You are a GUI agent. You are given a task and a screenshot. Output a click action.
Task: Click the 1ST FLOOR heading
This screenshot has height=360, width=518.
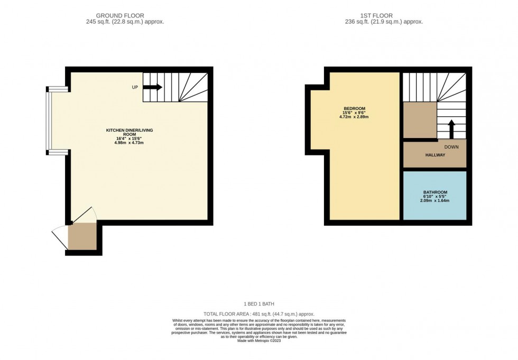[x=384, y=16]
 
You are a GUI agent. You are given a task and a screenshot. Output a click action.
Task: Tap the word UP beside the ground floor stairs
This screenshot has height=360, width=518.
[x=135, y=87]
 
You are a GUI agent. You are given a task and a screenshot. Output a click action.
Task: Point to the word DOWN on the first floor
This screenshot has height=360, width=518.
[x=451, y=147]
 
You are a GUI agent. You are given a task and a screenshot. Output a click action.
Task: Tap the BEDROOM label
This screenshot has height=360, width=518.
[x=354, y=108]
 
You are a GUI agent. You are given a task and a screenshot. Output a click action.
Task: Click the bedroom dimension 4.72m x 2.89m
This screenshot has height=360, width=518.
[x=354, y=117]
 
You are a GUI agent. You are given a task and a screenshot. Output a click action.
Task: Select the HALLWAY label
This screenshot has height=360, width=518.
[x=435, y=155]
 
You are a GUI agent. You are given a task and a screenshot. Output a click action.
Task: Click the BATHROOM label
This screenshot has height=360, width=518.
[x=435, y=192]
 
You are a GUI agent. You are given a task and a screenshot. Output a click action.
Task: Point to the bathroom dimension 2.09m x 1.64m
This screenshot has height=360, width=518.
[x=435, y=201]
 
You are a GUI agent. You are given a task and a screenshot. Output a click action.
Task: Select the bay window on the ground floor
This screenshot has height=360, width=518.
[x=49, y=121]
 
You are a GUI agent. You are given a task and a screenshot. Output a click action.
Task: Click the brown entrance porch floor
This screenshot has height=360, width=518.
[x=82, y=236]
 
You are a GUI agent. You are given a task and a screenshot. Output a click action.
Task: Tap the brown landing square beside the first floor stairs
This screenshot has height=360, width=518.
[x=420, y=120]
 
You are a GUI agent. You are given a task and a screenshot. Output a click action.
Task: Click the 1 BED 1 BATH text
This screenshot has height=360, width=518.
[x=258, y=304]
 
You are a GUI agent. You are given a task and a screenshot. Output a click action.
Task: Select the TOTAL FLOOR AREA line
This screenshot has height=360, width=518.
[x=258, y=314]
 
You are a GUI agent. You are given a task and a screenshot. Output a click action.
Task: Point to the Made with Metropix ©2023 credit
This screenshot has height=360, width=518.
[x=258, y=340]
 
